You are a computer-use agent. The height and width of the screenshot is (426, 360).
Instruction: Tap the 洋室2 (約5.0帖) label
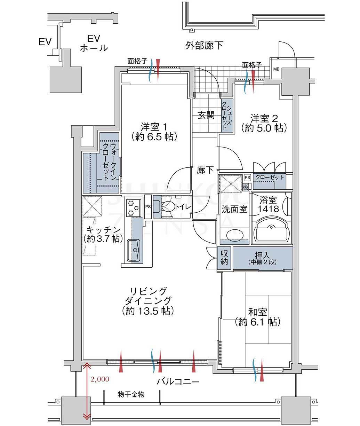point(264,123)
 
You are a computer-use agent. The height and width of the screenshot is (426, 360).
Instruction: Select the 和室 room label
point(257,317)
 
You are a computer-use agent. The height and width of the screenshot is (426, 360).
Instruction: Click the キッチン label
point(103,234)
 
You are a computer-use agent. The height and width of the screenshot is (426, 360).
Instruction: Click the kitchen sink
point(134,250)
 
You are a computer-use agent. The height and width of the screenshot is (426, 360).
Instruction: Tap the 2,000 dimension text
point(100,379)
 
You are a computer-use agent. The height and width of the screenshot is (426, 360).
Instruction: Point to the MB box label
point(276,69)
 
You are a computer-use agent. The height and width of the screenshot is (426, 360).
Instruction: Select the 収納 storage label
point(224,257)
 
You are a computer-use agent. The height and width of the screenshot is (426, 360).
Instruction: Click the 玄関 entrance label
point(206,115)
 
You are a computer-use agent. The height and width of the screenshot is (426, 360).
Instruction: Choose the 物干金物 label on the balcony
point(131,395)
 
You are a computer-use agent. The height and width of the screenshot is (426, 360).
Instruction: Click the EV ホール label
point(94,43)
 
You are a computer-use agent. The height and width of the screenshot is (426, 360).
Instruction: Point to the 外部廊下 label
point(204,45)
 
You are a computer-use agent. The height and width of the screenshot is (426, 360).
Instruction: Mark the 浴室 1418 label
point(268,204)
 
